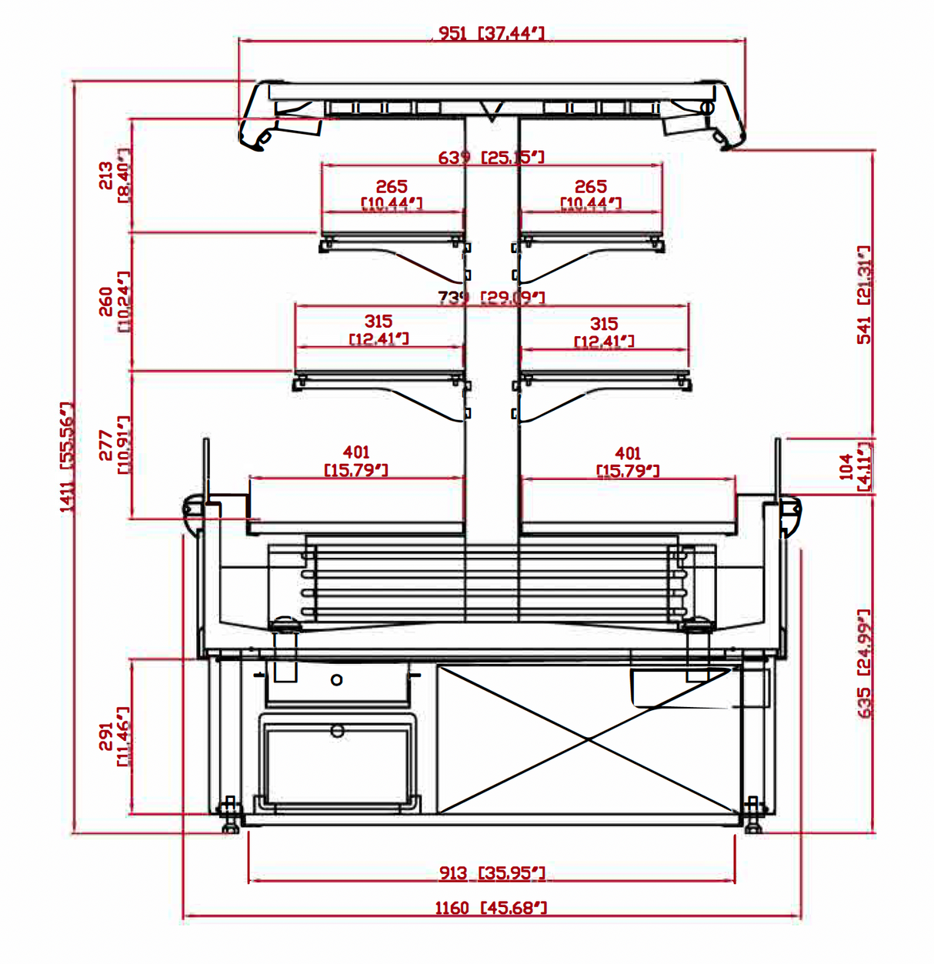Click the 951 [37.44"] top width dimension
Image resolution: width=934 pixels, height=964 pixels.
[491, 33]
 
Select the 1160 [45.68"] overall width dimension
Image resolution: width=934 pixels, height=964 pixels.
[491, 909]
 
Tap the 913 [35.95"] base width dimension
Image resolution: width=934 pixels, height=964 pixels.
[492, 873]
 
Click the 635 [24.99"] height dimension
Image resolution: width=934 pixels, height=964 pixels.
[864, 664]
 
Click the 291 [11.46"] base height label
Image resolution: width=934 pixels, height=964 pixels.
[115, 737]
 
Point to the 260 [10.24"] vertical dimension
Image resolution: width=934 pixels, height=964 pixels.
[115, 301]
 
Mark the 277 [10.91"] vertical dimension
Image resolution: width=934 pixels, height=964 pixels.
[115, 445]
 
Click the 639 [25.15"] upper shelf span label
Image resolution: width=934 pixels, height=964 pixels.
[491, 158]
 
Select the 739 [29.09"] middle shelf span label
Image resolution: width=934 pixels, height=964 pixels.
[491, 298]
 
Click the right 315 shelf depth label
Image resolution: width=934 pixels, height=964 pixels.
[604, 332]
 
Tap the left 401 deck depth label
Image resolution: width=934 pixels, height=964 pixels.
[356, 461]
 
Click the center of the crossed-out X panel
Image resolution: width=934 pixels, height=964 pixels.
[588, 739]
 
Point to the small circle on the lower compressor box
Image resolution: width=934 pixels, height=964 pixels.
[337, 731]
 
